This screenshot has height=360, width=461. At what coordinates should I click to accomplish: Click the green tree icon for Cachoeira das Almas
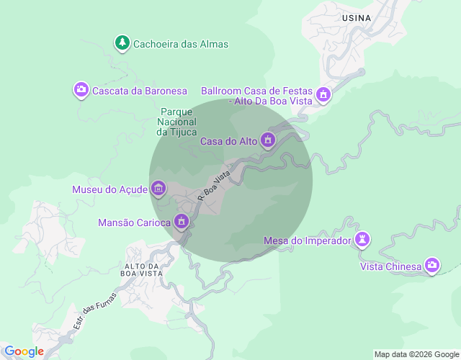coord(122,43)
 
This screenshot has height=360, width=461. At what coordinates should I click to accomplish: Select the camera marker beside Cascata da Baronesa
coord(81,90)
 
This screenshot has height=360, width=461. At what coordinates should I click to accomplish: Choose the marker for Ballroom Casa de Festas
coord(323,94)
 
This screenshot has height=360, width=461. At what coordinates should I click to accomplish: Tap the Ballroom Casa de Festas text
coord(257,96)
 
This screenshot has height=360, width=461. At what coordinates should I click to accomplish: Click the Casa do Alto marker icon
coord(268,140)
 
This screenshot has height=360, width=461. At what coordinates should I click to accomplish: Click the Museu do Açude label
coord(110,189)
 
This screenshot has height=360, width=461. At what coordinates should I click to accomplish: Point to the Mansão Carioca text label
coord(135,222)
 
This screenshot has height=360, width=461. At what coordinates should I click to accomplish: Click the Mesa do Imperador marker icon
coord(362,240)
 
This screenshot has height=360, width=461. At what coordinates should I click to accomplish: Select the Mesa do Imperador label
coord(308,240)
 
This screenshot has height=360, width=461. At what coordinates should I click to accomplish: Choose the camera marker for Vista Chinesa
coord(432,266)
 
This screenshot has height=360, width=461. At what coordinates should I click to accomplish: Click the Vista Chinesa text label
coord(390,267)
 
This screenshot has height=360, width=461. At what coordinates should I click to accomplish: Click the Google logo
coord(24,351)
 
